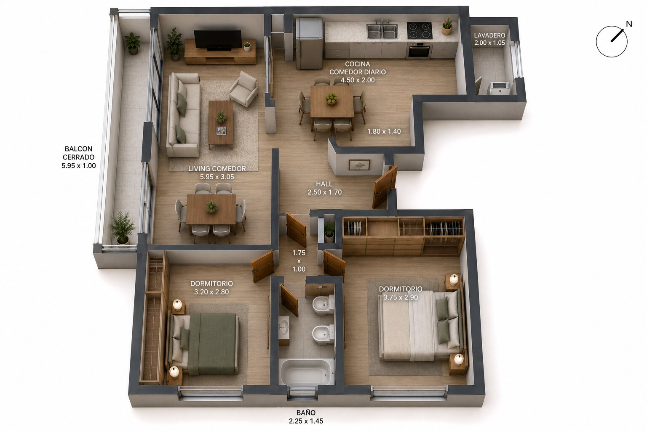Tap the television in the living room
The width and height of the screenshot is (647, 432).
coord(217,40)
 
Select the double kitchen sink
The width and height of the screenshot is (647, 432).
coord(382,31)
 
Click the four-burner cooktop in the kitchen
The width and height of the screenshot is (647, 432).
coord(419,30)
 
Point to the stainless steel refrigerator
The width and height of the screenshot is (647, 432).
coord(309,43)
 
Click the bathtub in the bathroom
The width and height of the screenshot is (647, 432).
coord(307,372)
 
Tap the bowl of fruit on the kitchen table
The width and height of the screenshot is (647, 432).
coord(332,99)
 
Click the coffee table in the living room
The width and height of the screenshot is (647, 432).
coord(221,124)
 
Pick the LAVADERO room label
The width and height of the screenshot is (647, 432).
coord(489,35)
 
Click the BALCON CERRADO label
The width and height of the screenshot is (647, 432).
coord(79,153)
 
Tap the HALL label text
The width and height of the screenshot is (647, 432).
coord(324,184)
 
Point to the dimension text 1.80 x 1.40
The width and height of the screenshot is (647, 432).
coord(384,131)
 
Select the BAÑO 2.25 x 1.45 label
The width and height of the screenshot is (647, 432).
coord(306,417)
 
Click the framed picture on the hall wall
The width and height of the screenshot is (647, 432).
coord(359,165)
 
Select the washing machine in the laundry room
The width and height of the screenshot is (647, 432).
coord(498,88)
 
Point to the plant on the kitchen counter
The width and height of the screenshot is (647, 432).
coord(447,26)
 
